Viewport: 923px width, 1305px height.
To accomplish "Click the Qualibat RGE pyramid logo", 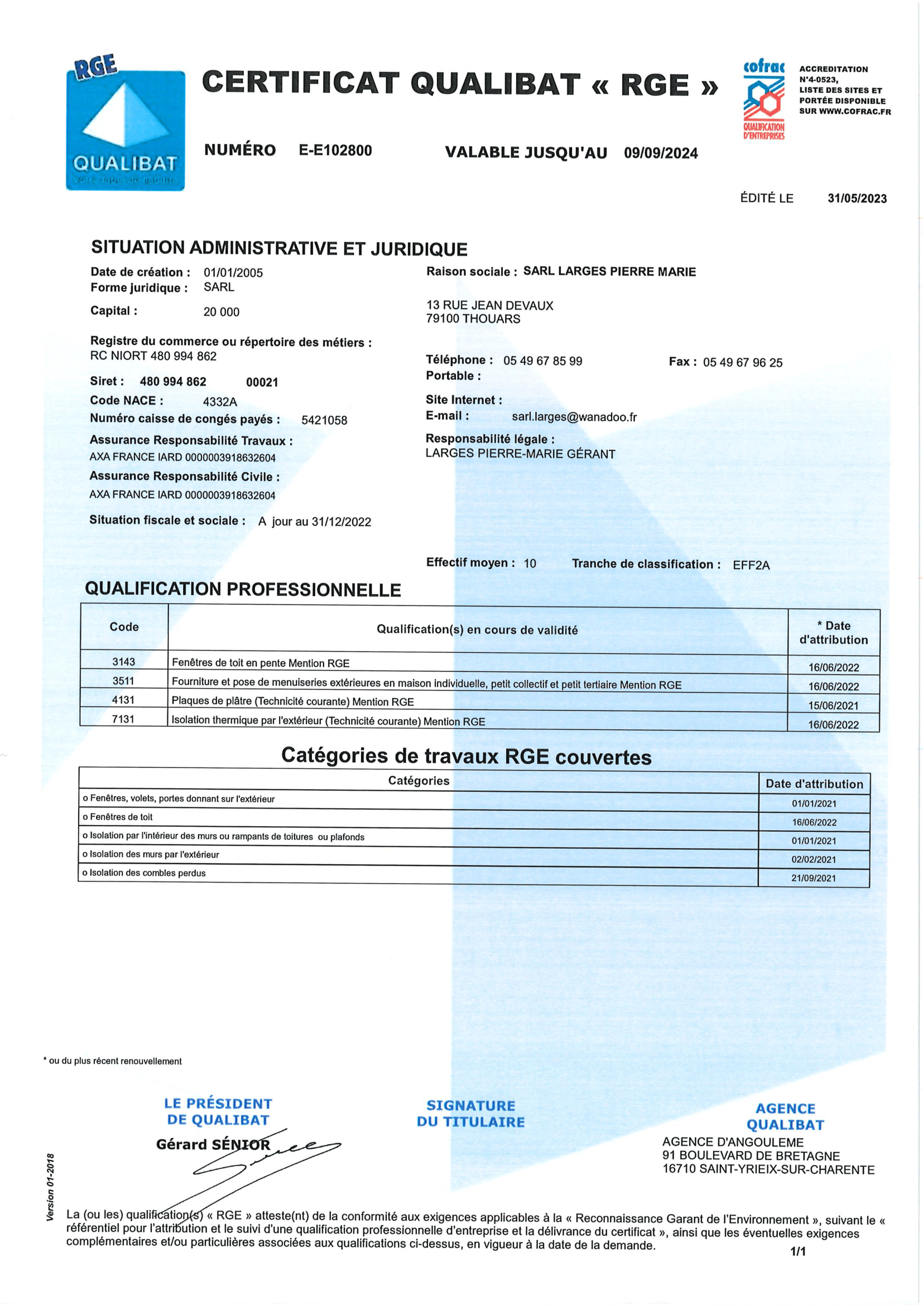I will point(126,124).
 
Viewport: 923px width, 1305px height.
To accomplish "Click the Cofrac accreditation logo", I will point(764,99).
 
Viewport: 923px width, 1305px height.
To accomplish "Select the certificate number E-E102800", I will point(335,151).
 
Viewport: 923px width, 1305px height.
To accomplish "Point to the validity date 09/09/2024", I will point(660,153).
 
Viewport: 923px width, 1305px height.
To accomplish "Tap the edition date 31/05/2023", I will point(857,199).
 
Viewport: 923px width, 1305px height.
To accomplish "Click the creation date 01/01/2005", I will point(233,273).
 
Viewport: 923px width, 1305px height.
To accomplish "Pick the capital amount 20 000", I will point(221,312).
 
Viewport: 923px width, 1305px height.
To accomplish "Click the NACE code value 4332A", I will point(220,402).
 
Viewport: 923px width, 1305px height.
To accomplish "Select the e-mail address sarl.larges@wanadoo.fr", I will point(574,417).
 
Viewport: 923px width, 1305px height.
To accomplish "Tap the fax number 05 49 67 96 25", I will point(742,363).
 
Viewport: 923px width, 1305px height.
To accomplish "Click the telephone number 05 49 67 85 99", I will point(542,361).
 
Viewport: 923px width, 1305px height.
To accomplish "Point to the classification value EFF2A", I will point(751,565).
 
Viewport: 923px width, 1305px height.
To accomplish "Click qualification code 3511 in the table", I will point(123,681).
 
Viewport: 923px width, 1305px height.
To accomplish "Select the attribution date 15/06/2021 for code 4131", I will point(833,705).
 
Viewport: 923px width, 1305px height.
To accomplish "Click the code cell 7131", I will point(123,719).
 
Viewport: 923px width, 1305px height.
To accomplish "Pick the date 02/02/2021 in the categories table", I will point(813,859).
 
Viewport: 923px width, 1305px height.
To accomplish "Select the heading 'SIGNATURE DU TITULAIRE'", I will point(470,1114).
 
